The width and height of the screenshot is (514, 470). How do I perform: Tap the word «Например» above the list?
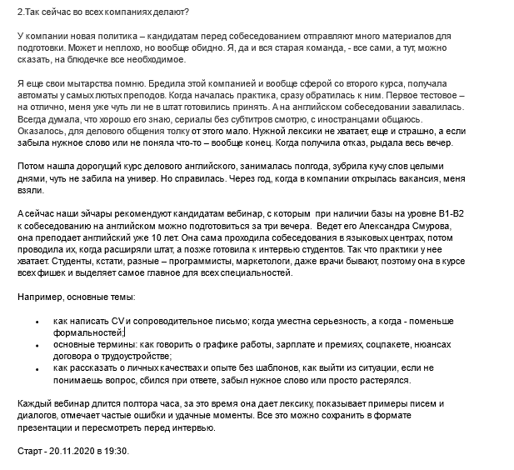[40, 297]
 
